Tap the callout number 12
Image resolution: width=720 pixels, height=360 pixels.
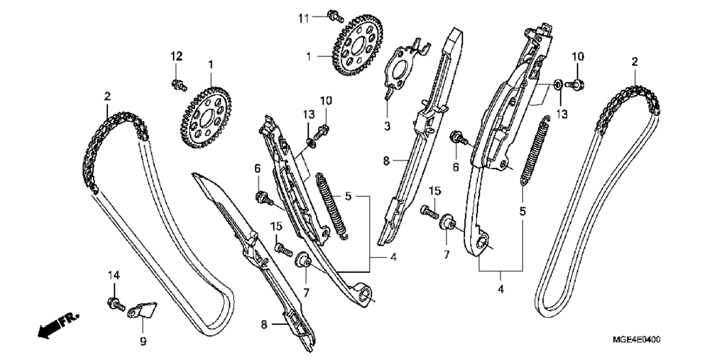point(176,56)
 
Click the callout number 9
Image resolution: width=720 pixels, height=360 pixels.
point(143,340)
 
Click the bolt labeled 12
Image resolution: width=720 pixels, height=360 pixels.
point(176,85)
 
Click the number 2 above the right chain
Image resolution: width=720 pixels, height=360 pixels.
point(634,62)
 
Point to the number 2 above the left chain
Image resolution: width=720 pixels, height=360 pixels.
point(107,96)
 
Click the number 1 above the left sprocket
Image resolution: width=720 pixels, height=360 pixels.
point(211,66)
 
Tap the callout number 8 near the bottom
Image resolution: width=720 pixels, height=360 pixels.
point(264,325)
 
